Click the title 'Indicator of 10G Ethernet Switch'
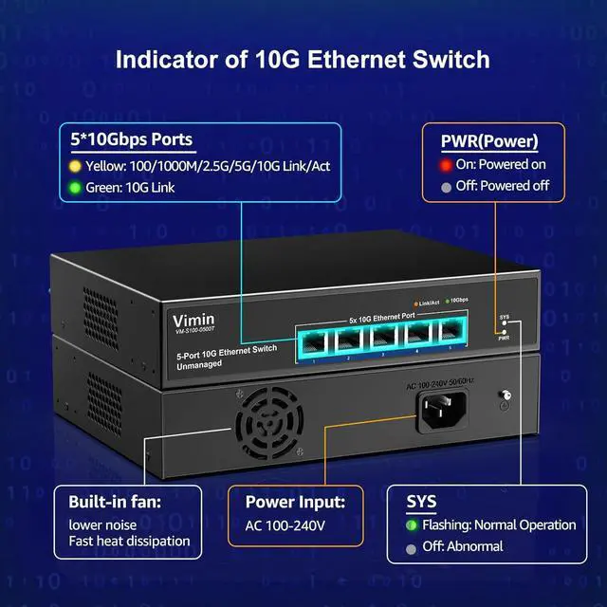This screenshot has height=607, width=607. (x=303, y=60)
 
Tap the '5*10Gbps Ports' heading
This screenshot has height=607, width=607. (x=132, y=139)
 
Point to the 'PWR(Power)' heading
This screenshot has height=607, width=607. (x=489, y=141)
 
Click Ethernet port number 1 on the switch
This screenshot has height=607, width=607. (x=312, y=339)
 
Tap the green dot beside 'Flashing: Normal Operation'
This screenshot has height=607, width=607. (x=411, y=524)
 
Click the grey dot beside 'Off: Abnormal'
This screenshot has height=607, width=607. (x=411, y=547)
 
